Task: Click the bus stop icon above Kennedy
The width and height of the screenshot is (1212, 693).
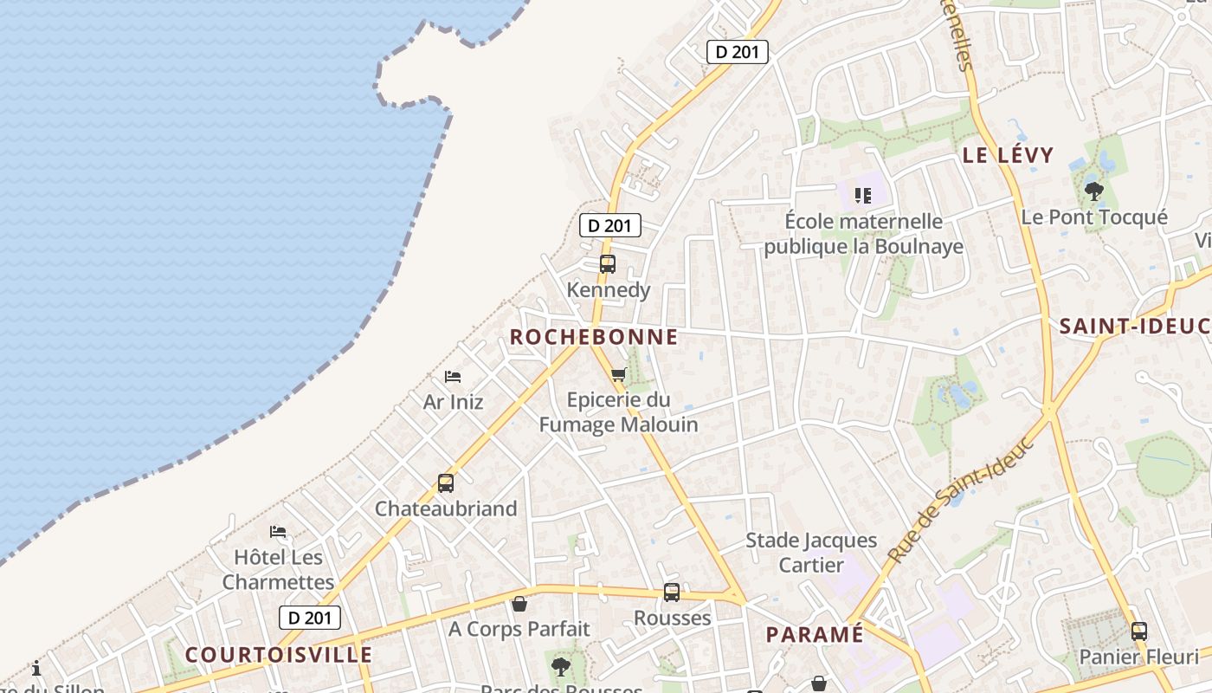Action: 607,264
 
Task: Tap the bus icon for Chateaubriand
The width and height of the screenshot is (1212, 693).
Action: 446,483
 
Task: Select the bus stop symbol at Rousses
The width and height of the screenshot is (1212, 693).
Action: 672,593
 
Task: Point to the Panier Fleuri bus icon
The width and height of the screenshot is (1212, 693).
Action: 1139,631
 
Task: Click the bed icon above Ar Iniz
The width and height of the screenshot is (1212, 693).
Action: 453,377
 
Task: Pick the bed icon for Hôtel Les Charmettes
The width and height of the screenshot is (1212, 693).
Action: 278,531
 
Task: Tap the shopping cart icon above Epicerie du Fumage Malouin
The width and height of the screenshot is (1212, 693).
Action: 618,374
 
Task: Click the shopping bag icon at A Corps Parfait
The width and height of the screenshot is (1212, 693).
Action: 519,604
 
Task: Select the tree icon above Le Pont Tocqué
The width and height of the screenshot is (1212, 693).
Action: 1094,191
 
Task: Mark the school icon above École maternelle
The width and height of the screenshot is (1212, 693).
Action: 862,195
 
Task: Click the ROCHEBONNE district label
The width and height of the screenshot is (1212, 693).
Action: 594,337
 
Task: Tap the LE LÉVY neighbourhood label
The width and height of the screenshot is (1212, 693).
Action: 1009,156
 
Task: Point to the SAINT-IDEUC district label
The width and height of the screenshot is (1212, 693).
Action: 1135,327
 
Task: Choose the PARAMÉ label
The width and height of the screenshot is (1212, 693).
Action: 815,635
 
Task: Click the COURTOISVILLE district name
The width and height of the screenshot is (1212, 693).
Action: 279,655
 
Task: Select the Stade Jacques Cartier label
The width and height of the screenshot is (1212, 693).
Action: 811,553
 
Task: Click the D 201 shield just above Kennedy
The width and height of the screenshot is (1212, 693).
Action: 610,226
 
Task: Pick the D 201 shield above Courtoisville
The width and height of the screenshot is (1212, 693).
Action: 310,618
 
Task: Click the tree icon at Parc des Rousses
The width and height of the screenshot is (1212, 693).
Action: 561,666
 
